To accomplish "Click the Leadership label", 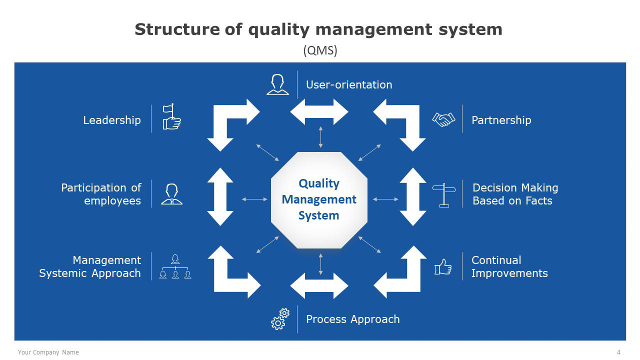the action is [x=112, y=120].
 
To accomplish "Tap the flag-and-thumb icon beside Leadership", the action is [x=171, y=117].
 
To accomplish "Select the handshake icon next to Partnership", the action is [x=443, y=119].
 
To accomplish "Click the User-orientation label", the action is [x=349, y=85].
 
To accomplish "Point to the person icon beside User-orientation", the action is [x=277, y=84].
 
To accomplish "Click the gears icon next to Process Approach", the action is [x=280, y=319].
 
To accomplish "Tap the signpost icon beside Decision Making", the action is [x=444, y=195].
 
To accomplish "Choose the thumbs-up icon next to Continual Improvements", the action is [x=443, y=267].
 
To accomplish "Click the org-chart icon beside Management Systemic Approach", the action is [x=175, y=266].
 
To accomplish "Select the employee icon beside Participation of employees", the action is [x=171, y=194].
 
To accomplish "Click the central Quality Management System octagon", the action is [x=319, y=200].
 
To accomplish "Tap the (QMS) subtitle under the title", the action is [x=320, y=50].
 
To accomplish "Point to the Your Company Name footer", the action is [x=48, y=352].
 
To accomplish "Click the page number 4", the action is [x=618, y=352].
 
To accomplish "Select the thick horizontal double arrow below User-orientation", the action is [x=319, y=112].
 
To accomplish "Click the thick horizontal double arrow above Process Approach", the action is [x=319, y=285].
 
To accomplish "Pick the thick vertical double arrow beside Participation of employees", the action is [x=220, y=197].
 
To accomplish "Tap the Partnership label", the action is [x=501, y=120].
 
